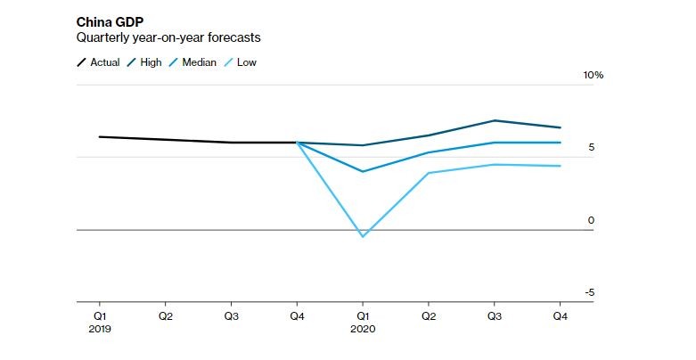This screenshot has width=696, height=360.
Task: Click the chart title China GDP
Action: [x=110, y=21]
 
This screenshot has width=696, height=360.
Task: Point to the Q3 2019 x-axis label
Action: [x=231, y=315]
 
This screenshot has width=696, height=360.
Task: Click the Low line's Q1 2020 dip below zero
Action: [x=363, y=236]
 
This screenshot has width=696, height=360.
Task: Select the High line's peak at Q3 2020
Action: [x=495, y=120]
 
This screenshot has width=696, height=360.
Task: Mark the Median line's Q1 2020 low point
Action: [x=363, y=171]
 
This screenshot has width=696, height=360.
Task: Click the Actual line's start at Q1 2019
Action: [x=100, y=136]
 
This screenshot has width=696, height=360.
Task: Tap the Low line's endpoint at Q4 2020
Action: [x=561, y=166]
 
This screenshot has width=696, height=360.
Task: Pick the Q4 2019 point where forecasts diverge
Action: [x=297, y=143]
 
